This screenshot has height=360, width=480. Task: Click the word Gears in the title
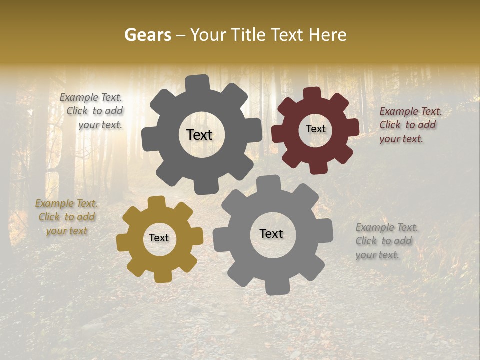coord(147,35)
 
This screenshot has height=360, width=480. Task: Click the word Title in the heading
coord(247,35)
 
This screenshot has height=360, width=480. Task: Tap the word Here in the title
coord(327,35)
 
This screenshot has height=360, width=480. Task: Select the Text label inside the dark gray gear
coord(199,135)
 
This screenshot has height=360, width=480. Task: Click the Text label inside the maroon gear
coord(315,129)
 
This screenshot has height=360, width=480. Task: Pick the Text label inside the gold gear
coord(159,238)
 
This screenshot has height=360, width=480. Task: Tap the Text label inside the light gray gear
coord(271,234)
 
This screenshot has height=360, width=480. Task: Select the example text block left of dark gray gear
coord(91,111)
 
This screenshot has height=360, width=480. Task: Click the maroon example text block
coord(410,125)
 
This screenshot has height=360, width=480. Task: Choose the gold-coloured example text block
coord(66,217)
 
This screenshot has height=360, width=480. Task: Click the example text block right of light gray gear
coord(386,241)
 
